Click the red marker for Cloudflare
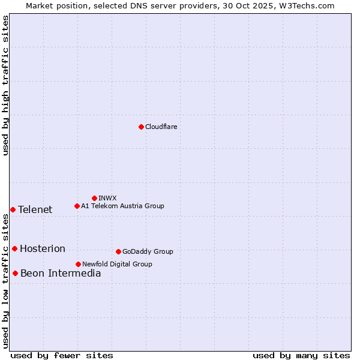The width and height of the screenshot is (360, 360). click(141, 127)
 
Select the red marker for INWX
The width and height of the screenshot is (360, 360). click(94, 198)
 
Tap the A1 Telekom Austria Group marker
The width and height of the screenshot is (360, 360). click(77, 206)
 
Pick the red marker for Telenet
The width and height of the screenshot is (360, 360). click(13, 209)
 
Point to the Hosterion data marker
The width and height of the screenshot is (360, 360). click(14, 248)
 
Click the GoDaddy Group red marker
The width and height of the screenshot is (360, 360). click(118, 251)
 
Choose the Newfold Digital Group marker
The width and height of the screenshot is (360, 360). click(78, 264)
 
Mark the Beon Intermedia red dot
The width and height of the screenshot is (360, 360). click(15, 273)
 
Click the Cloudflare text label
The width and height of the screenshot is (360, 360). click(161, 127)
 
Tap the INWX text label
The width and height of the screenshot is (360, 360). click(107, 198)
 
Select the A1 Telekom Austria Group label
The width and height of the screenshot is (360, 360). click(122, 206)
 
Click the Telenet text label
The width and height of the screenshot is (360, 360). click(35, 209)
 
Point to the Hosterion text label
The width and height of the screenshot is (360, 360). click(43, 248)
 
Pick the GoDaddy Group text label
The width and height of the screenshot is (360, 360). click(148, 251)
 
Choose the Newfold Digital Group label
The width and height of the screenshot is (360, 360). click(117, 264)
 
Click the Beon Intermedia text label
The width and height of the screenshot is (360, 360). click(61, 273)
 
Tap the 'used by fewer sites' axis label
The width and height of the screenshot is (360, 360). click(62, 355)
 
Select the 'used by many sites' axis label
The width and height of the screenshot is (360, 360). click(301, 355)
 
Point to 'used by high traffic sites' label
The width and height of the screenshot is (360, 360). click(5, 85)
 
